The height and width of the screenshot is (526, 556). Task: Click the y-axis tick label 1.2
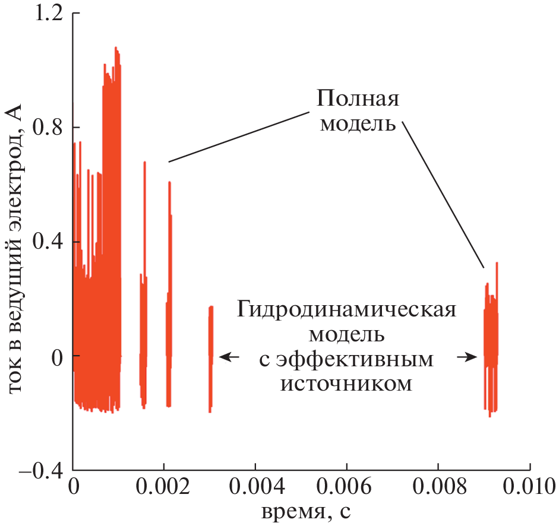(x=49, y=14)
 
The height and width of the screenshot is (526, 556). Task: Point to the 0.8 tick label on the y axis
(x=49, y=128)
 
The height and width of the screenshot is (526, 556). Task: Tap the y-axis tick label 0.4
(x=49, y=242)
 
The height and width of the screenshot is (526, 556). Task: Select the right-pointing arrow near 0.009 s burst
(x=467, y=357)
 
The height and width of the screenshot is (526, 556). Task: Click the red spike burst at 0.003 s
(x=210, y=356)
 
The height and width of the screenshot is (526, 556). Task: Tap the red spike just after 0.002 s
(x=169, y=297)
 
